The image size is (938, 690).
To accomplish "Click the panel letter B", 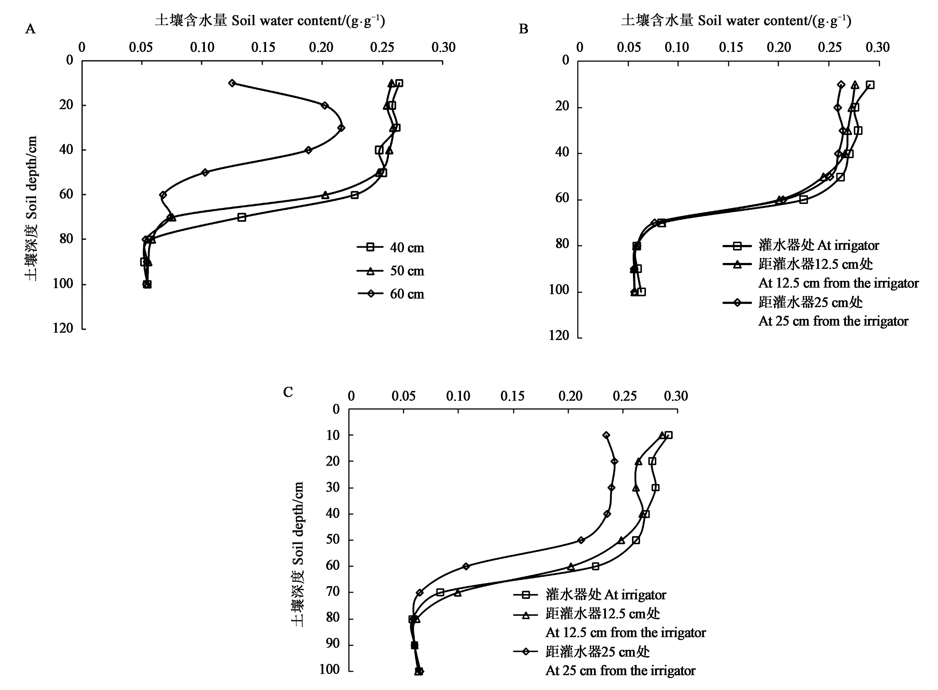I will point(523,29).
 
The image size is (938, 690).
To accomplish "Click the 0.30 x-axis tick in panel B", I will point(878,47).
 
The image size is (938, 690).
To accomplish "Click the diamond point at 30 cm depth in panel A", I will point(341,128).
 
